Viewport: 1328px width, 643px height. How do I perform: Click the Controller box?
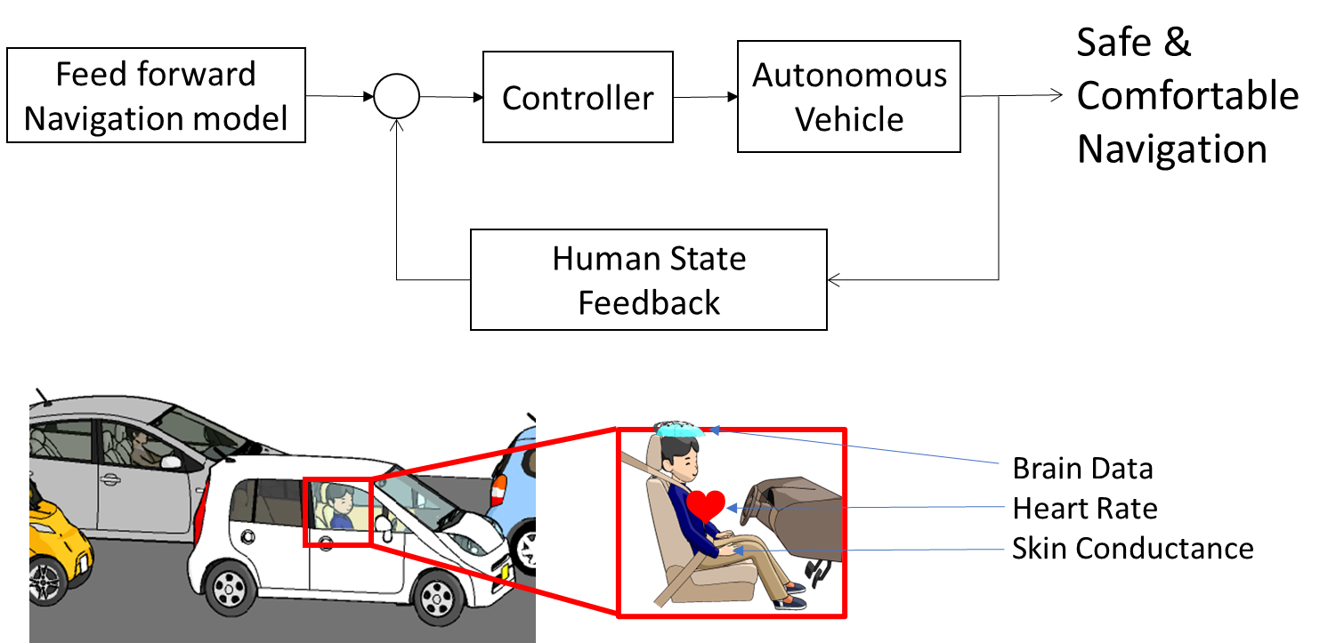578,97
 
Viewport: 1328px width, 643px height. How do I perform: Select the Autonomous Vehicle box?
848,97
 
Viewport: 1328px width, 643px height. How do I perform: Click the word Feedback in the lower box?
649,302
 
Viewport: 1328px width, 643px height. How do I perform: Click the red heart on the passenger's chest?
707,505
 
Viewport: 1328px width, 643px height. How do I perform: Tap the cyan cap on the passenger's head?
681,430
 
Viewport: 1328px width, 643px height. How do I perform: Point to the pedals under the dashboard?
814,569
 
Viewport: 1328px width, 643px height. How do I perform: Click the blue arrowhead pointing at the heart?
732,508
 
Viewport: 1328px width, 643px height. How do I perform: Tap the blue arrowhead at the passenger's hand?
738,551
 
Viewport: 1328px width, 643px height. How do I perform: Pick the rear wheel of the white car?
230,588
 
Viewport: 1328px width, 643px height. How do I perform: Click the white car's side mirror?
385,524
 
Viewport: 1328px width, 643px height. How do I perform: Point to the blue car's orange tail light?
499,490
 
